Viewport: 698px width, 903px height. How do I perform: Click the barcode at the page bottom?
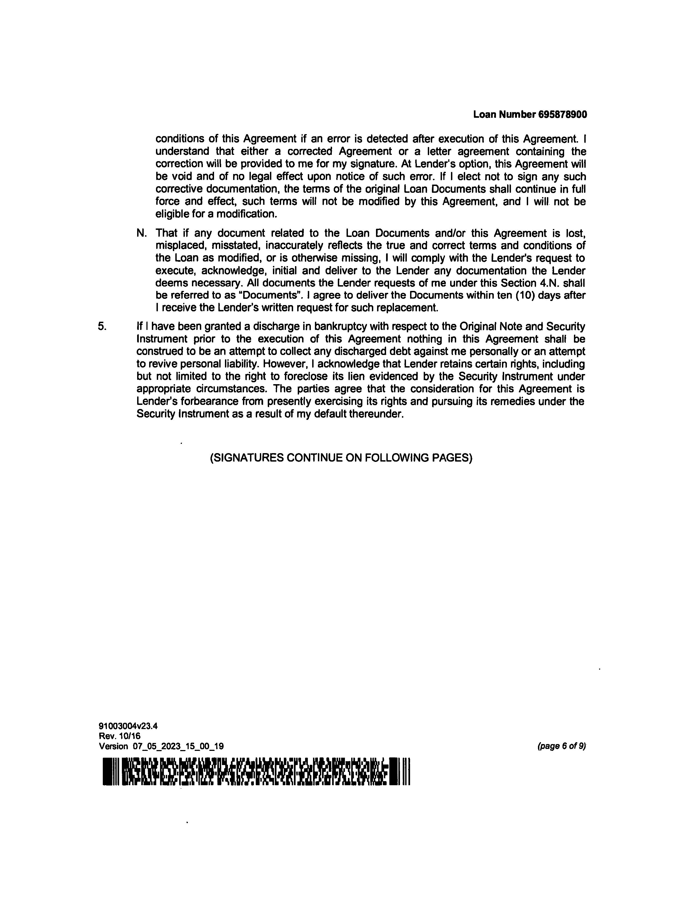256,772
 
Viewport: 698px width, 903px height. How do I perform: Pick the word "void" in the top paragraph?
179,177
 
